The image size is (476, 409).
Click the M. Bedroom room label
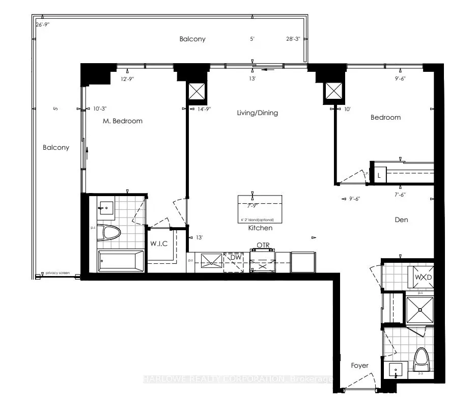[121, 121]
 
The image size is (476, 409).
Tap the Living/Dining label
[258, 113]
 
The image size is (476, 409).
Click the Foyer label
[359, 366]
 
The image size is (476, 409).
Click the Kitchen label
[260, 228]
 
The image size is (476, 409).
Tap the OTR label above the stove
[263, 245]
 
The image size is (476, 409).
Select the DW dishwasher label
[235, 258]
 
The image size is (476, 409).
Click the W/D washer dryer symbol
[423, 277]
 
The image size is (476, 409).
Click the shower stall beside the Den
[418, 308]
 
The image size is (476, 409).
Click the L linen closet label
[379, 175]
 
